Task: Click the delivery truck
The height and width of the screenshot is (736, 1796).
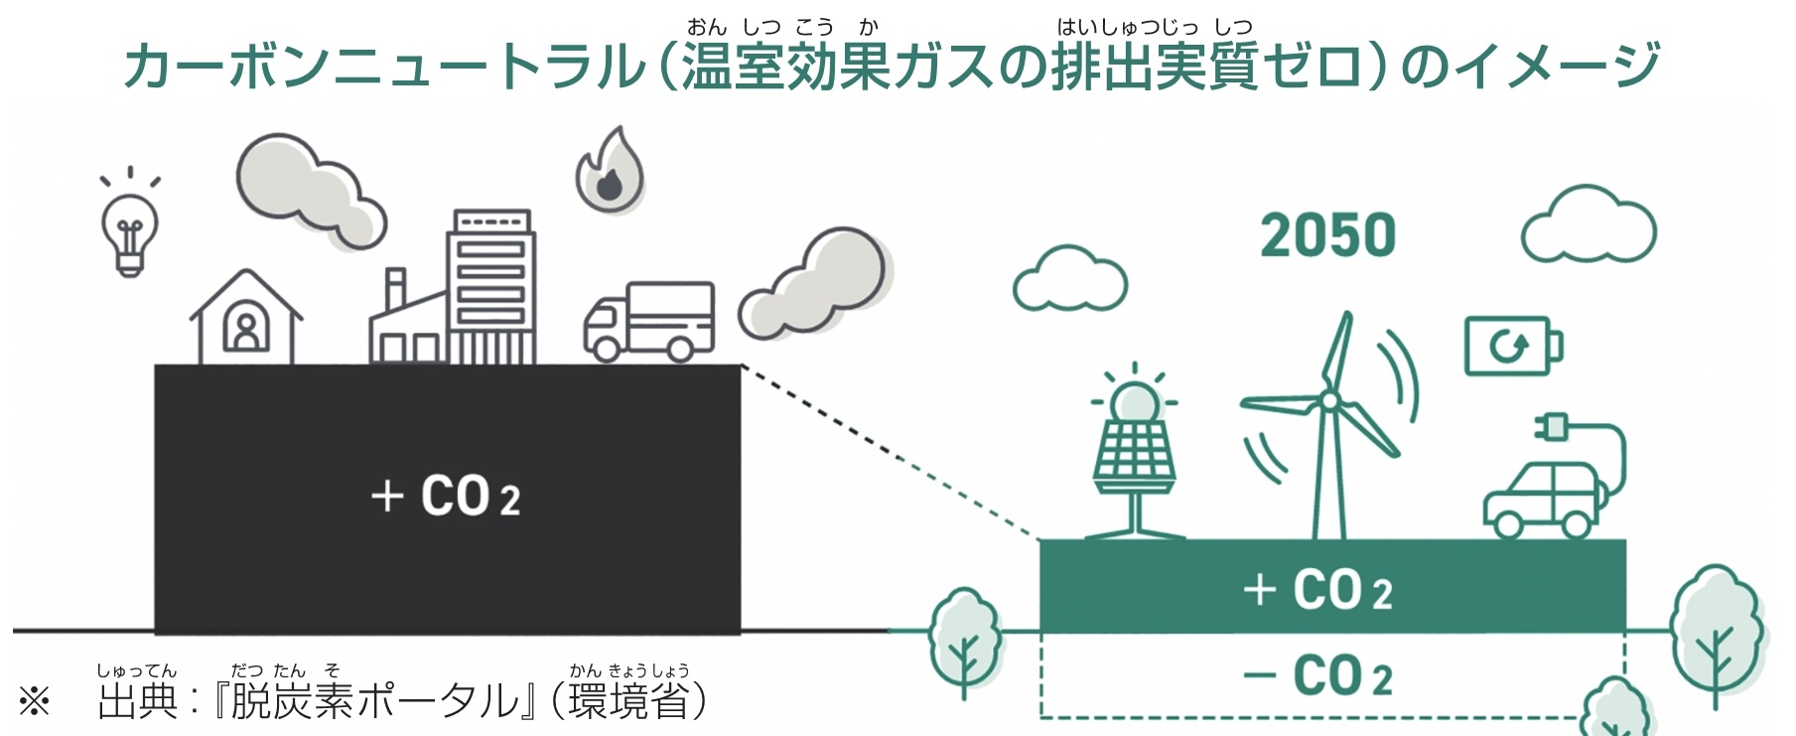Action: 648,322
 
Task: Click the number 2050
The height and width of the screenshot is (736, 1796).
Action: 1328,236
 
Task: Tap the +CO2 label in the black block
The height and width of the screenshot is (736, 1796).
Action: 446,496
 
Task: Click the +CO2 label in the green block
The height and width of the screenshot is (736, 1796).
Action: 1317,590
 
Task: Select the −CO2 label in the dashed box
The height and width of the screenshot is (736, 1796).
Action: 1317,676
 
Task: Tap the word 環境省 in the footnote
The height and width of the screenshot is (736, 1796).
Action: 627,701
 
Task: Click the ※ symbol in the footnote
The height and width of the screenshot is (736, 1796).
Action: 35,701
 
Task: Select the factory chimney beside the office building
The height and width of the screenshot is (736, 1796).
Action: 395,288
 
